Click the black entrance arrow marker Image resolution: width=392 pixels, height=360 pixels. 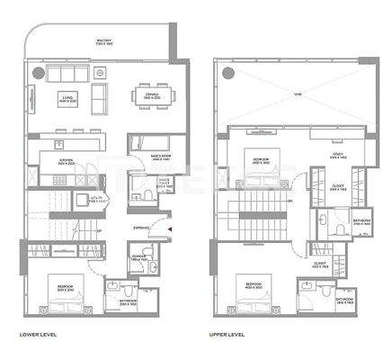[x=156, y=229]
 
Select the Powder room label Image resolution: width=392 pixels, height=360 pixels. [x=138, y=257]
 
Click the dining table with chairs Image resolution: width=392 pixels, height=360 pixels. [x=147, y=95]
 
